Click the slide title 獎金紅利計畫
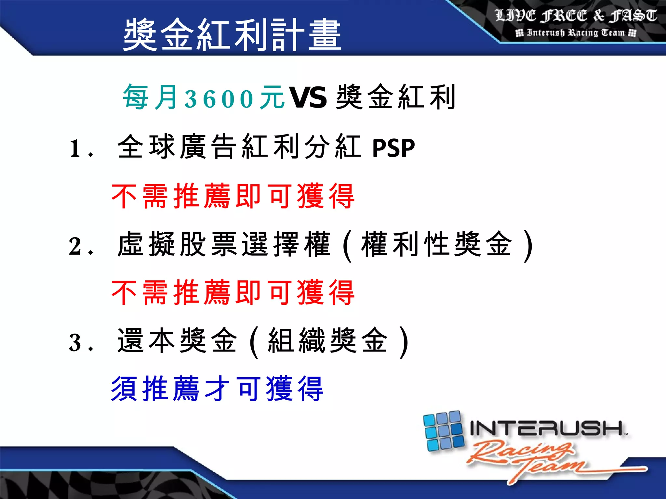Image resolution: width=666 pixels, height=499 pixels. pyautogui.click(x=232, y=34)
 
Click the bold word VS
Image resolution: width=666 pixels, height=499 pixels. pyautogui.click(x=308, y=98)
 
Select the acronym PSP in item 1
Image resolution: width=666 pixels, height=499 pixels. pyautogui.click(x=393, y=148)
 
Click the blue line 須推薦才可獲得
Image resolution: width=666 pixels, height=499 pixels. pyautogui.click(x=217, y=389)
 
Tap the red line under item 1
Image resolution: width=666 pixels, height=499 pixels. pyautogui.click(x=233, y=196)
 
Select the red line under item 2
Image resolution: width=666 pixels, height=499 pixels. pyautogui.click(x=233, y=293)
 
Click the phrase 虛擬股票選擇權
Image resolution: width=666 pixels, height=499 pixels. pyautogui.click(x=224, y=244)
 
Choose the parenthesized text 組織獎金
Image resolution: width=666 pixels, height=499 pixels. pyautogui.click(x=328, y=341)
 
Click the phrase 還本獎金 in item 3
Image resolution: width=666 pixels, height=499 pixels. pyautogui.click(x=177, y=341)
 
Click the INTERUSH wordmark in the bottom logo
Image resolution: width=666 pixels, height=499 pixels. pyautogui.click(x=546, y=428)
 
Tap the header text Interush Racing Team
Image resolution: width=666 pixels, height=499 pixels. pyautogui.click(x=576, y=33)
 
